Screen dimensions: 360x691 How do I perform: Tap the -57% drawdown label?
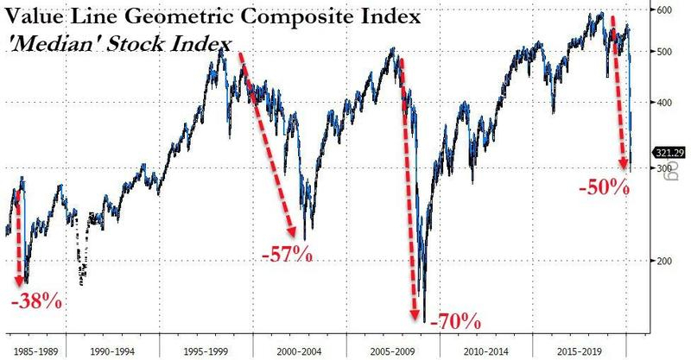point(285,256)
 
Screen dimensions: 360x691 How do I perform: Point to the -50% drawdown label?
point(602,184)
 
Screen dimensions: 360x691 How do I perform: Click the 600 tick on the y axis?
point(666,10)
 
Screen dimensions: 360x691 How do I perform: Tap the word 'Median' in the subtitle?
point(49,42)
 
